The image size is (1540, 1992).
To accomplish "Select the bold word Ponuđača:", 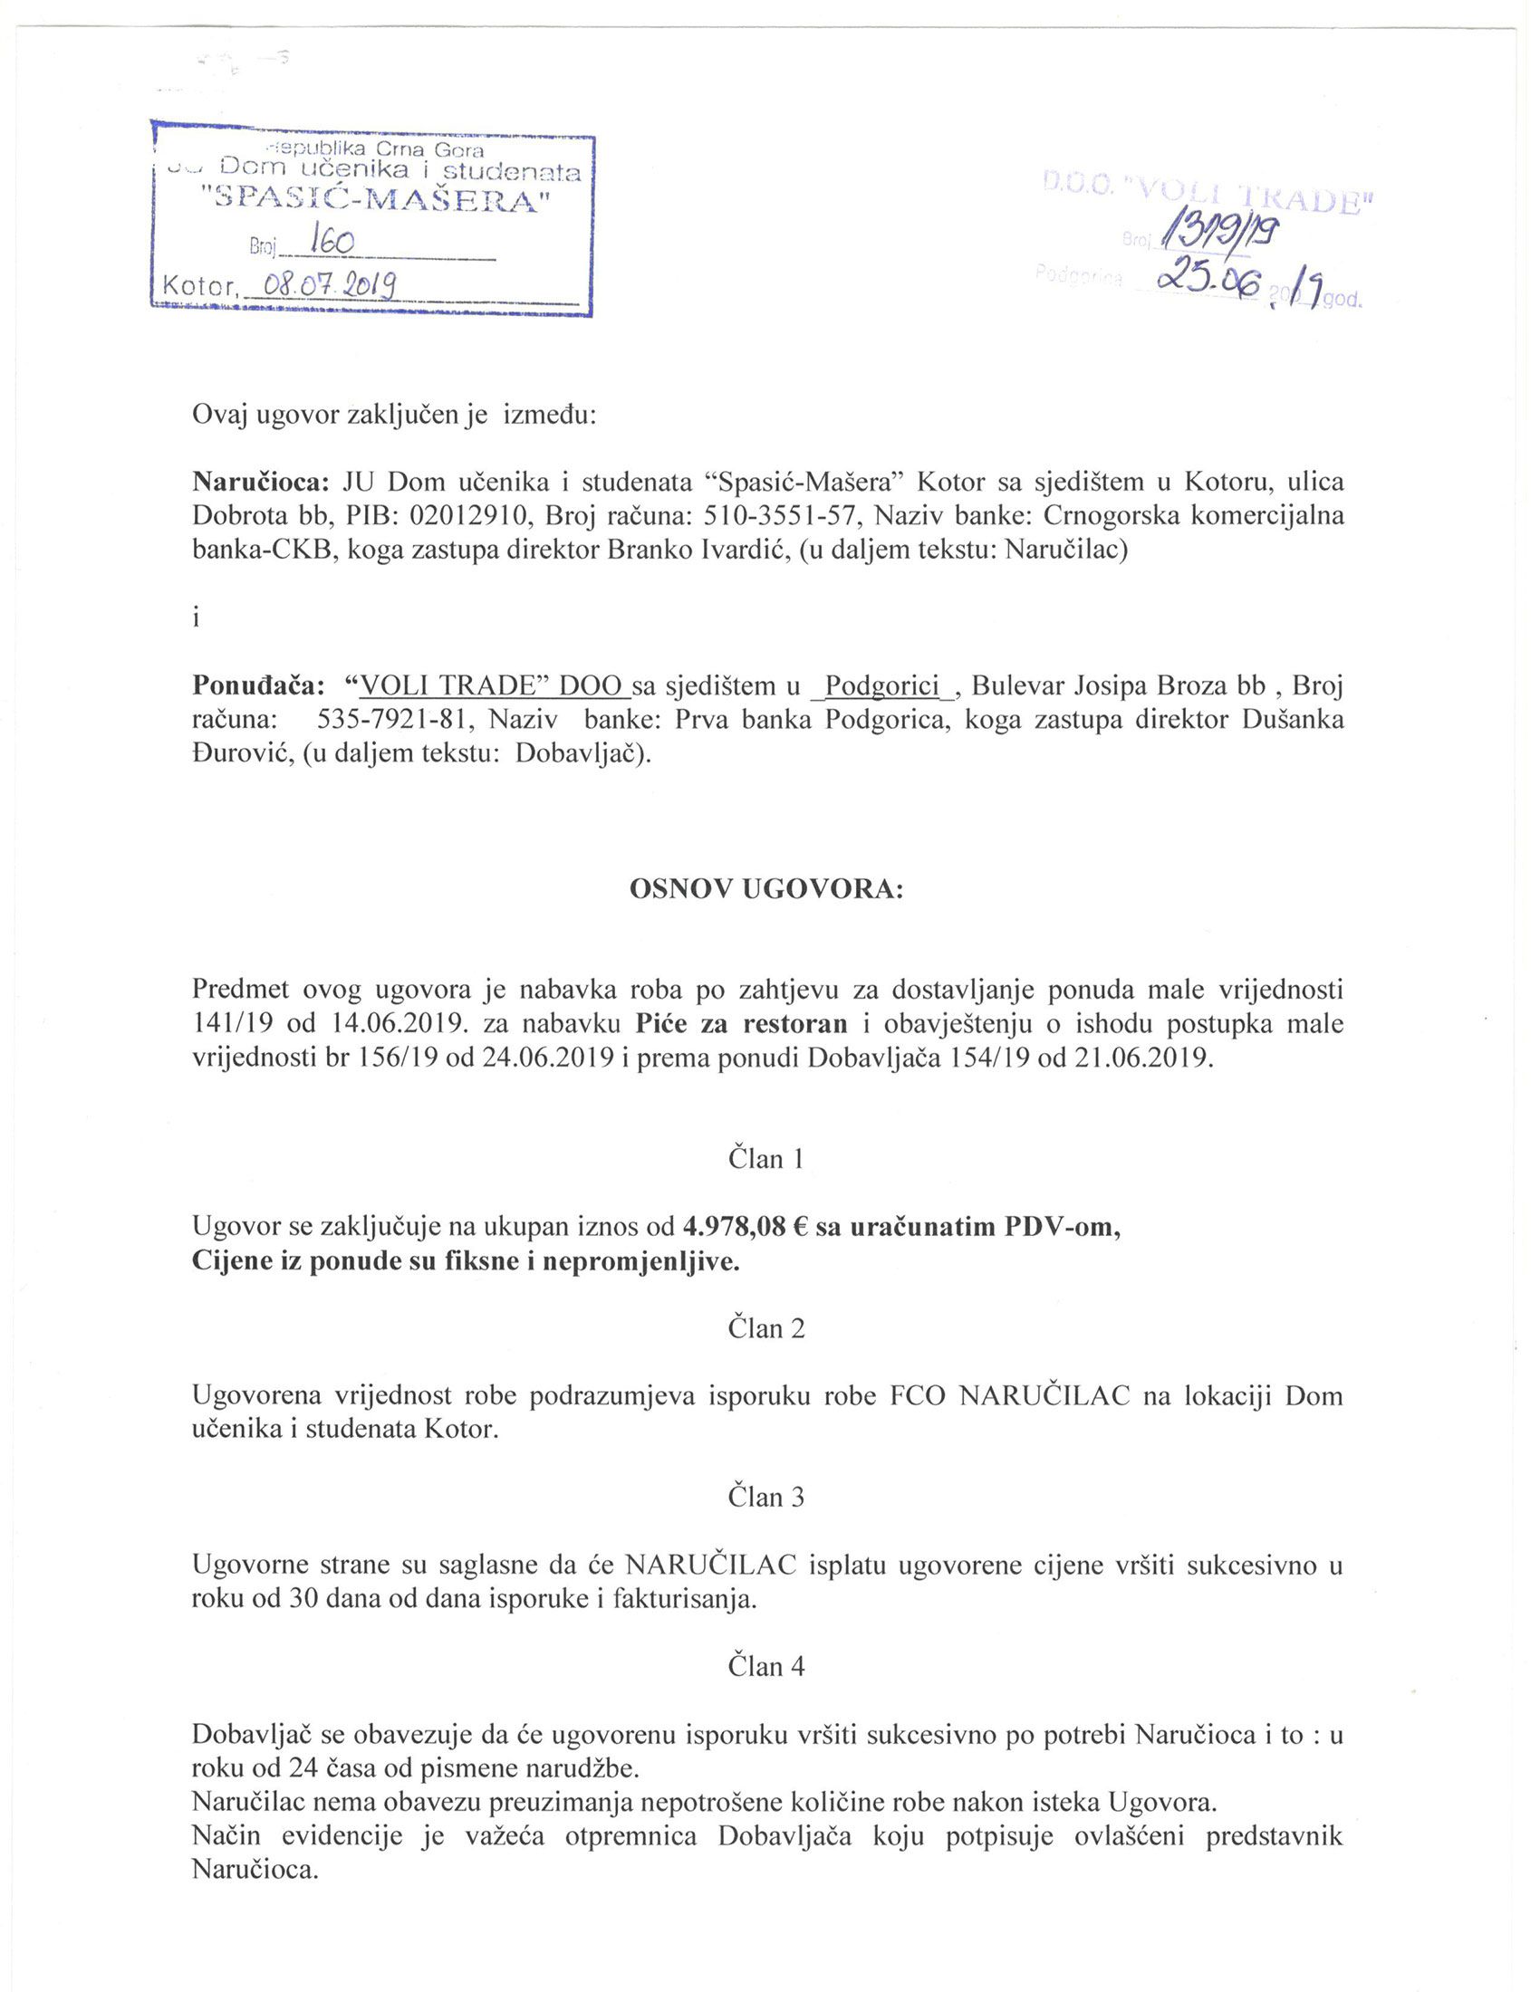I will (258, 685).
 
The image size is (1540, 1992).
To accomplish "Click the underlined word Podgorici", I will (881, 685).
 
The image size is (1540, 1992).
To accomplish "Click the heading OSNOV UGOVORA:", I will (766, 890).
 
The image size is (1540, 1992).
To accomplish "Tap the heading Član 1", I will (766, 1159).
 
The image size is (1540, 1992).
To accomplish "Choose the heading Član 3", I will (766, 1498).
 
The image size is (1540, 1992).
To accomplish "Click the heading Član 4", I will (766, 1667).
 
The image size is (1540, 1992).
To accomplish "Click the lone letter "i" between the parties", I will (196, 618).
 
